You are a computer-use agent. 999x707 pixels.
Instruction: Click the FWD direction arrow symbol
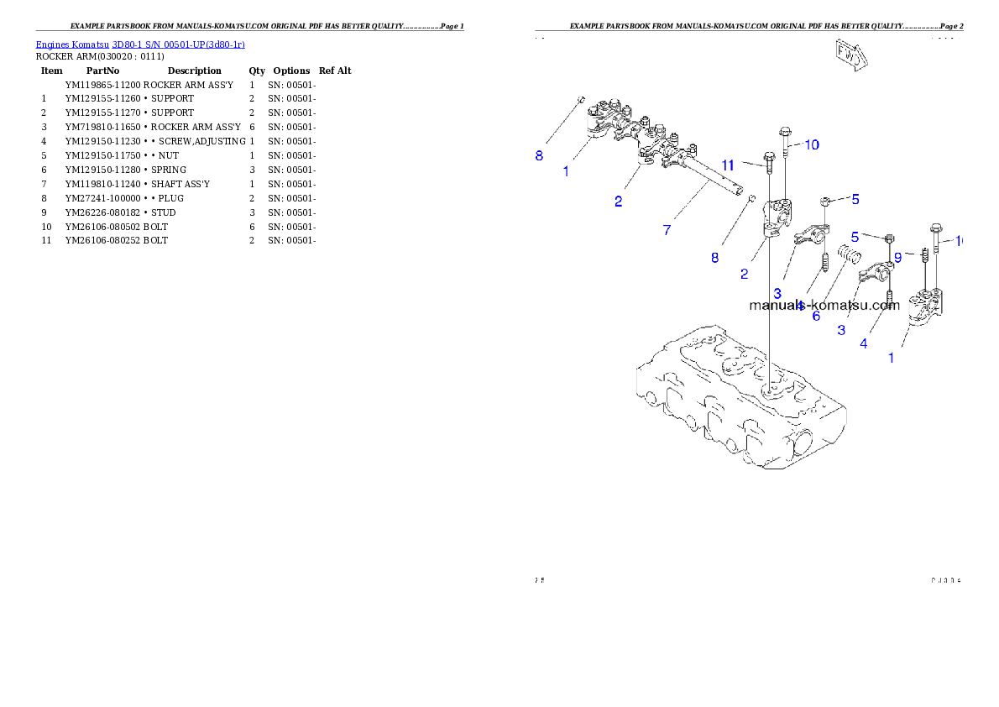click(850, 55)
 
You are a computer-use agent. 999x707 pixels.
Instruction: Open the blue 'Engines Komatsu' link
click(73, 45)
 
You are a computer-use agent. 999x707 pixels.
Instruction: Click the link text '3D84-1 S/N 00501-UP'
click(159, 45)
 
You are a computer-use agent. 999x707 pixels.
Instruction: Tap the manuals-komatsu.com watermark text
click(824, 306)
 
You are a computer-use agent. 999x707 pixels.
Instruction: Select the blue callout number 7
click(667, 230)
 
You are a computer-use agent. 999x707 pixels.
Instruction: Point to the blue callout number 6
click(816, 317)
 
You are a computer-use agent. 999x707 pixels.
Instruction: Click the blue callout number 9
click(897, 258)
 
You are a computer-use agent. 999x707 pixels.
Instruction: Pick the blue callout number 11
click(728, 165)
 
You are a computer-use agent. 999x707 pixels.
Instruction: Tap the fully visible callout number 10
click(811, 144)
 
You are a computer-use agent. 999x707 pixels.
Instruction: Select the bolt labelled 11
click(768, 162)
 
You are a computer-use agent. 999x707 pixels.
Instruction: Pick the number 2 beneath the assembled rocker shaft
click(618, 201)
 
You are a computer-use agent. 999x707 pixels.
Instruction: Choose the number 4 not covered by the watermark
click(863, 343)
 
